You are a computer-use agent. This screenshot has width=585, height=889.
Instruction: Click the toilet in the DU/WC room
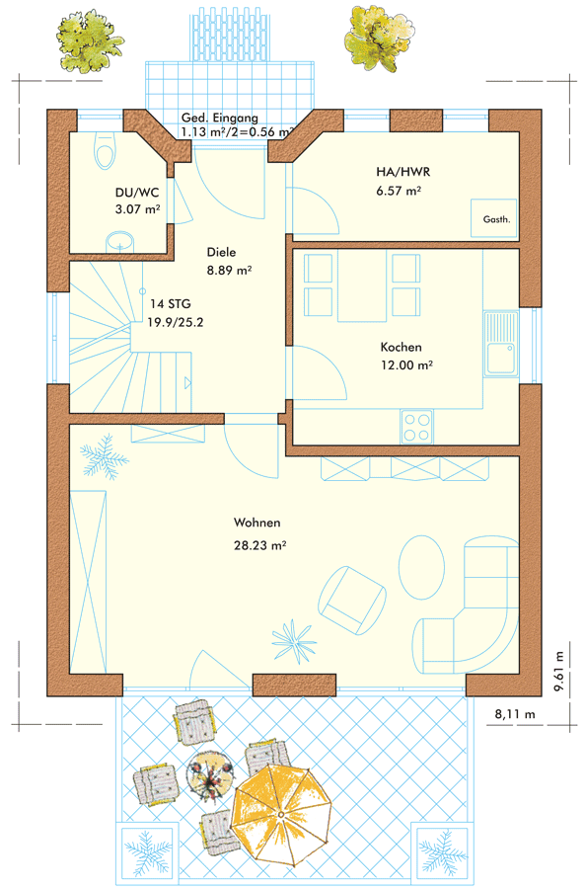tap(105, 151)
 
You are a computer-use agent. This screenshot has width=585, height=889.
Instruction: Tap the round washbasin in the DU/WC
tap(120, 242)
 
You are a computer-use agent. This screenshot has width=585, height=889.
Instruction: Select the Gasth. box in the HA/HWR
tap(494, 218)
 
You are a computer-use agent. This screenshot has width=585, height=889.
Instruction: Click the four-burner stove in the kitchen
tap(416, 427)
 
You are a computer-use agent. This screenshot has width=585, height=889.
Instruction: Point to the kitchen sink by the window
tap(501, 344)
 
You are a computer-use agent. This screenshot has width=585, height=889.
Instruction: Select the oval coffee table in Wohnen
tap(421, 567)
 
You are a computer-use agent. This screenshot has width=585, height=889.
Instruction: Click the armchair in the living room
tap(351, 600)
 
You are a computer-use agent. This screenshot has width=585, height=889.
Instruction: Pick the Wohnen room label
tap(257, 523)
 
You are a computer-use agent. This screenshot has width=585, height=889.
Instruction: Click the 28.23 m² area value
tap(259, 545)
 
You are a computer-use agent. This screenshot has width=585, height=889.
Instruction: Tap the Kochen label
tap(401, 347)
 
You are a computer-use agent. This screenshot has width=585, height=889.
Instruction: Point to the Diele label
tap(221, 252)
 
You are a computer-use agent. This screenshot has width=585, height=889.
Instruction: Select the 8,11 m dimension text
tap(515, 714)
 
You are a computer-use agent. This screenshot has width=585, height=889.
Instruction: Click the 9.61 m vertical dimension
tap(559, 672)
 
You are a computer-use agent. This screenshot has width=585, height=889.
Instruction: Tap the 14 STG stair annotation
tap(171, 304)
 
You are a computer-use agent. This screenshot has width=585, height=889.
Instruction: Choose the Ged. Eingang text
tap(220, 118)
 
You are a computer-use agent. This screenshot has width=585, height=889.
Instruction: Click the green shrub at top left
tap(90, 40)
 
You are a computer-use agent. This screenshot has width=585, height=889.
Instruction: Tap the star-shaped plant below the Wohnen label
tap(293, 641)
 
